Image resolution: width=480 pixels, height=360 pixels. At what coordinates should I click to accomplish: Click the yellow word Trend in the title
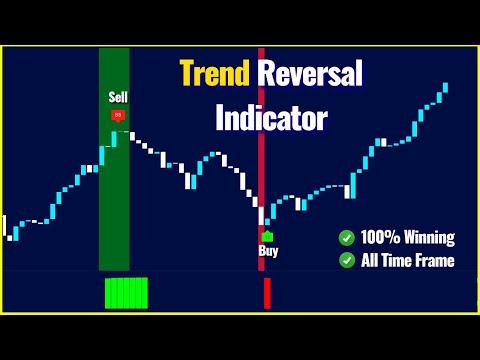[214, 74]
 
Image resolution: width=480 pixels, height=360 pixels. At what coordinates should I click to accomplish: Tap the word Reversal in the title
[312, 74]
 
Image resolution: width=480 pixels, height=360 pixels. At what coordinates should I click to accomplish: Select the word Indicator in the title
[271, 118]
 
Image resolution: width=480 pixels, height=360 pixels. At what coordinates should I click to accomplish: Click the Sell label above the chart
[119, 97]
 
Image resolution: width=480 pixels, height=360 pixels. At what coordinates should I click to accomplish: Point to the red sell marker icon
[119, 116]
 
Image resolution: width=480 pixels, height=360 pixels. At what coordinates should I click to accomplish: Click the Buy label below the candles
[268, 252]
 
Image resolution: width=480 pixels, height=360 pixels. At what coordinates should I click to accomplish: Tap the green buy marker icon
[268, 236]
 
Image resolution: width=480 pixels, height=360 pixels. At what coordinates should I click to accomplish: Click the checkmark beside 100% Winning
[346, 238]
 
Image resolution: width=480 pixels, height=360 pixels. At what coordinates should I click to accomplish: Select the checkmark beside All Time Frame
[346, 260]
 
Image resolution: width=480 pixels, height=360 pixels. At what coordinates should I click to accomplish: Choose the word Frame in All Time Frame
[432, 260]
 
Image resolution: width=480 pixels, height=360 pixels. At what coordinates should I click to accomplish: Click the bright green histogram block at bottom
[126, 293]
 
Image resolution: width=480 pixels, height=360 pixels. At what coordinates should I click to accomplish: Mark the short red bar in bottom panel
[267, 293]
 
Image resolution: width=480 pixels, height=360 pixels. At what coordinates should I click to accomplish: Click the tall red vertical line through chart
[261, 150]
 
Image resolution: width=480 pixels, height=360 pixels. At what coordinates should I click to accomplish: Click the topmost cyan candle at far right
[445, 88]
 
